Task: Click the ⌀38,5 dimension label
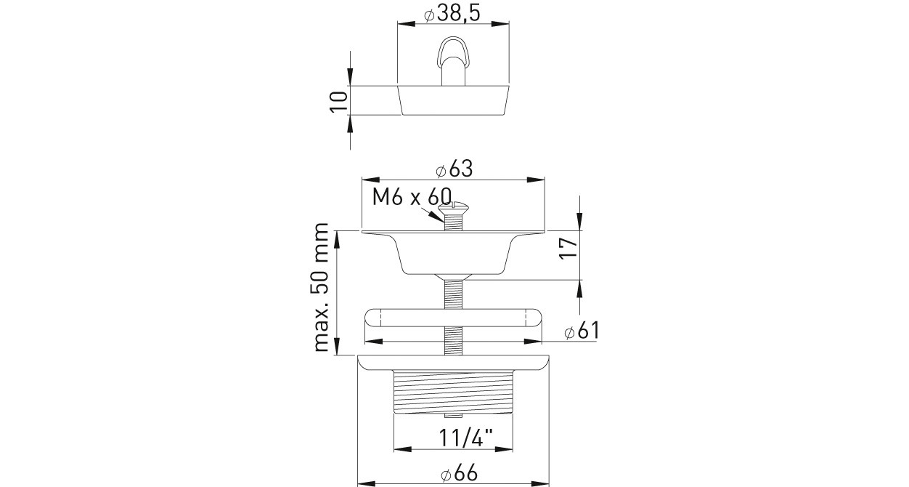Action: (452, 12)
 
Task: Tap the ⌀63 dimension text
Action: (454, 169)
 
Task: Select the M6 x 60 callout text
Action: (412, 197)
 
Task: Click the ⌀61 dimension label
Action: (582, 330)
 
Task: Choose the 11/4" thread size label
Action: (465, 438)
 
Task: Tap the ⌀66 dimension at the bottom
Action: (459, 474)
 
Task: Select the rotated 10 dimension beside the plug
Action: (338, 101)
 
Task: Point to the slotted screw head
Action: (453, 208)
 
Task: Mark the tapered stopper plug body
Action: (453, 100)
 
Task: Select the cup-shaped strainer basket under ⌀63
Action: (453, 254)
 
